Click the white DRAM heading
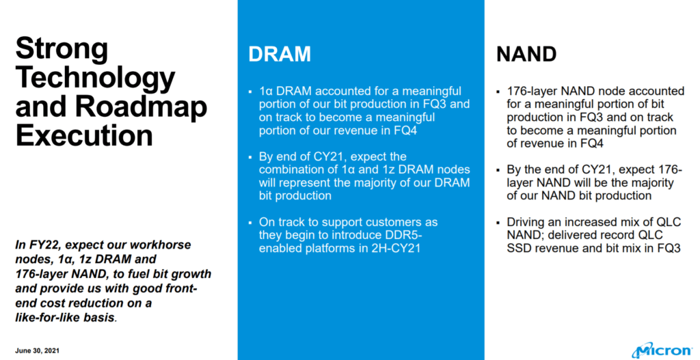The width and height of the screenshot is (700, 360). [280, 54]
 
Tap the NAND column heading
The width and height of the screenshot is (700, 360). [526, 54]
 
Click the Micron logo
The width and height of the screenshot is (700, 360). [662, 350]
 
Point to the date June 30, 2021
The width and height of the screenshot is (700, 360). [37, 350]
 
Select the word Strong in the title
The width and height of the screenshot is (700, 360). [62, 49]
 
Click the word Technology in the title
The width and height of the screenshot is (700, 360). [95, 78]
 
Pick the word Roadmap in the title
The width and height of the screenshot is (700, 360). [141, 107]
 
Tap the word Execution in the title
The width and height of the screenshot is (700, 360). [84, 135]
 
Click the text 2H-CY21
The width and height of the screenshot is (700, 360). [396, 248]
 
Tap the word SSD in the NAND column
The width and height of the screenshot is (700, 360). [519, 248]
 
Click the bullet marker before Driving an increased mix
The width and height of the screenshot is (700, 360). [498, 223]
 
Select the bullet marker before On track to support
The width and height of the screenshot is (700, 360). [250, 223]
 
